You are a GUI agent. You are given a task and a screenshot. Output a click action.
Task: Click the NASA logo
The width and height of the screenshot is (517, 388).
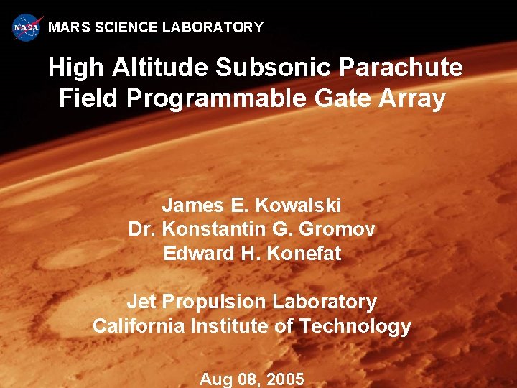coord(27,27)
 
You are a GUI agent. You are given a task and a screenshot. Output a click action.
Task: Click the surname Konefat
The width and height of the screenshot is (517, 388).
coord(304,254)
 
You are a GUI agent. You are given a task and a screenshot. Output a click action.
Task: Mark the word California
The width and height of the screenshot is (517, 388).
coord(139,326)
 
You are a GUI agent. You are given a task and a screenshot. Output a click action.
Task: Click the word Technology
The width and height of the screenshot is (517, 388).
coord(355,327)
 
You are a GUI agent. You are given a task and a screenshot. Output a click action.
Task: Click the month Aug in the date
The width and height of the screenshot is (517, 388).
coord(216,379)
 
